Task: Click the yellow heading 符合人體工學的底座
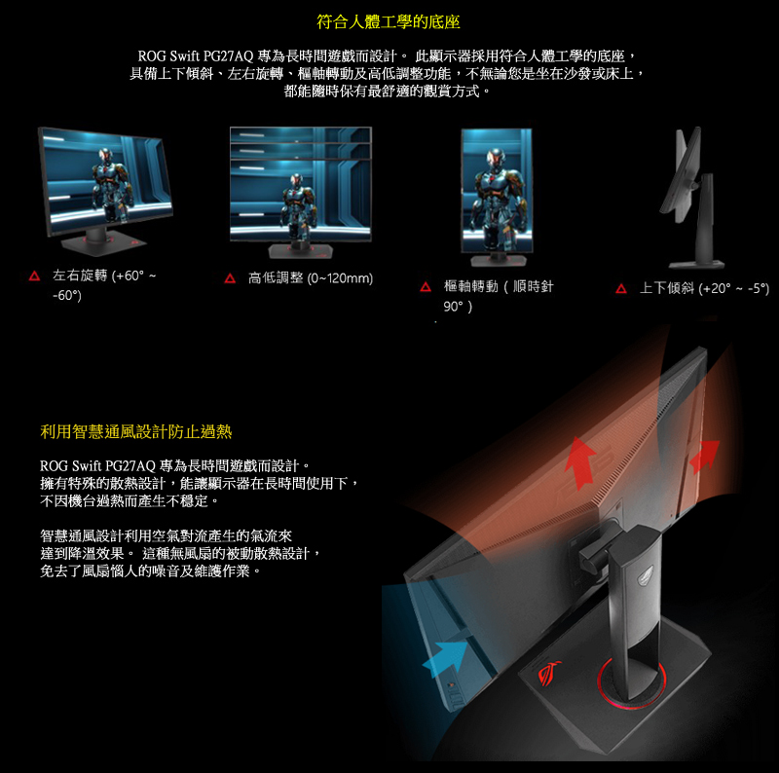coord(389,21)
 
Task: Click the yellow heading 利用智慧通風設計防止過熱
coord(136,431)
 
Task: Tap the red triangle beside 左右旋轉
coord(34,276)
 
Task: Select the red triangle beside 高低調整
coord(230,278)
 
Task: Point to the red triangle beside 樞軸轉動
coord(426,286)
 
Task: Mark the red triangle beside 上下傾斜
coord(621,288)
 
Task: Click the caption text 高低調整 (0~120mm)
coord(311,278)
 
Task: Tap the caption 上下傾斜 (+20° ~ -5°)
coord(704,288)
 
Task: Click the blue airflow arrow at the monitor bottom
coord(447,657)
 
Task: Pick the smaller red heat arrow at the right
coord(704,456)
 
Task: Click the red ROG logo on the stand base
coord(549,673)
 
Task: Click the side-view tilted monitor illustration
coord(691,198)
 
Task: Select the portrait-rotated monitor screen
coord(497,191)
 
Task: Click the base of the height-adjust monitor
coord(301,250)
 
